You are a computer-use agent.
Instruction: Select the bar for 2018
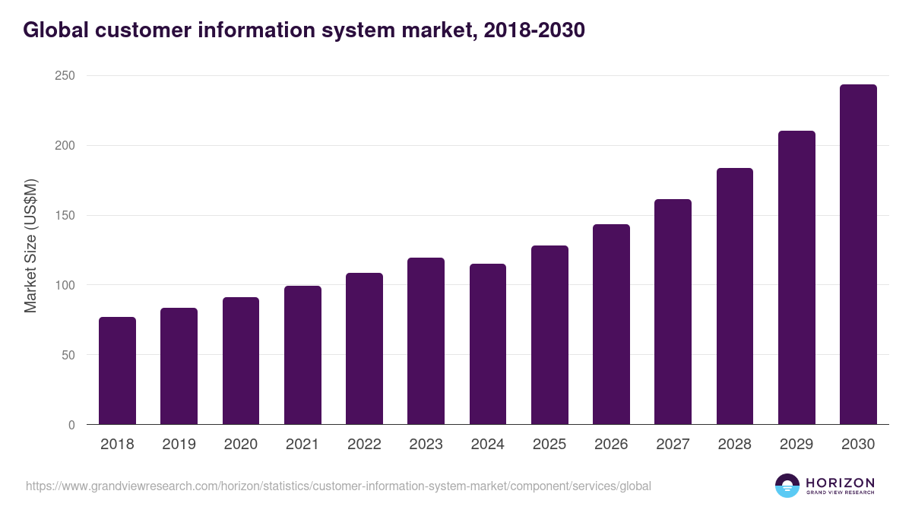click(117, 371)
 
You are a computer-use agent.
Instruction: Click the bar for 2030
click(858, 255)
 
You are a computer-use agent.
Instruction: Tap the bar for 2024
click(488, 344)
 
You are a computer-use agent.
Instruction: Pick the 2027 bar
click(673, 312)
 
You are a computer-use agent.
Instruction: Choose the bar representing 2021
click(302, 355)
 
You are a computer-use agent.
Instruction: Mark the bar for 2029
click(796, 277)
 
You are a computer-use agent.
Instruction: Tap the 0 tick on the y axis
click(71, 425)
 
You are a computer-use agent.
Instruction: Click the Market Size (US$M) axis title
click(31, 246)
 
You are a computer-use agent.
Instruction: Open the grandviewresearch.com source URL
click(338, 486)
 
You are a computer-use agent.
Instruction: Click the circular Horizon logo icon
click(787, 486)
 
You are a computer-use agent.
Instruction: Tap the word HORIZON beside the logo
click(840, 483)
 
